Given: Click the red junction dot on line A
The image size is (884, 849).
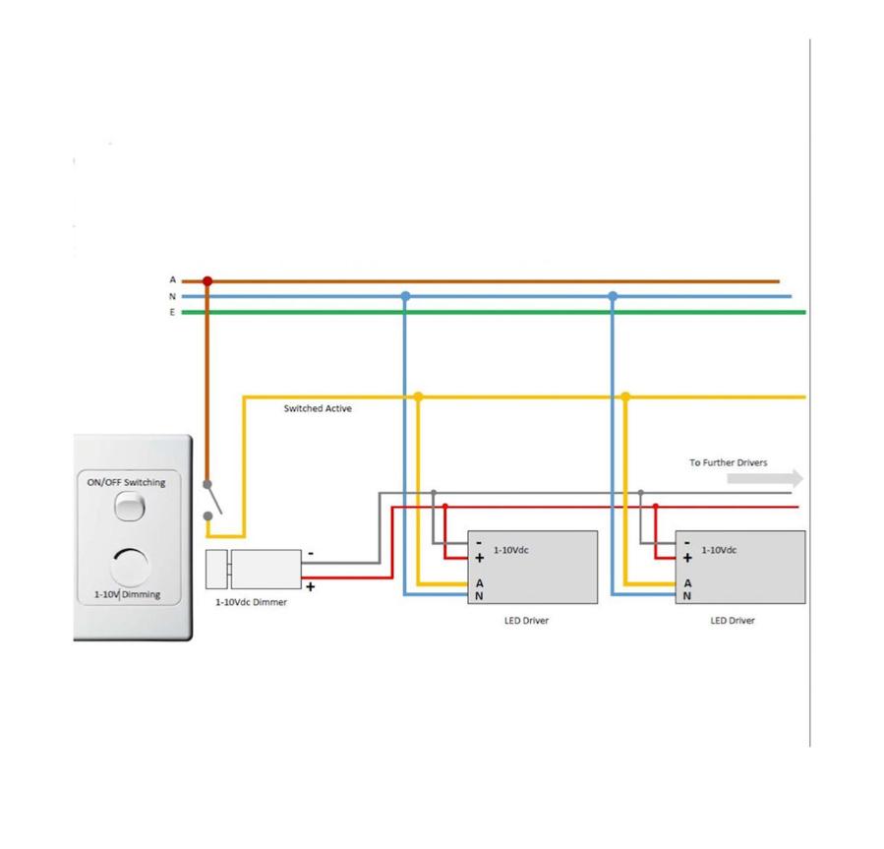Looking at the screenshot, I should [206, 281].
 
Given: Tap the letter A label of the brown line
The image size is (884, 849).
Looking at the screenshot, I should [172, 281].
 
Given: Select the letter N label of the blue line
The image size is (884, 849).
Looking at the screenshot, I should [172, 296].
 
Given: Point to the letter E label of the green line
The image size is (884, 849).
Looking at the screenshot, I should [172, 312].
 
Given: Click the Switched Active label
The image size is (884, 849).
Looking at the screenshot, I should [318, 408].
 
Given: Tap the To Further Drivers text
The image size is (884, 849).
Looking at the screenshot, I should [729, 462].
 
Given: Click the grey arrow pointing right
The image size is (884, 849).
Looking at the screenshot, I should [765, 479].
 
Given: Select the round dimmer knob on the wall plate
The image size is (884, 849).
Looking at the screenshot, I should [129, 568].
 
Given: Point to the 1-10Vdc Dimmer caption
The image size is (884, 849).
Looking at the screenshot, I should [252, 602].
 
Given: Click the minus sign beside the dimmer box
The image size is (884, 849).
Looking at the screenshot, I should [311, 553].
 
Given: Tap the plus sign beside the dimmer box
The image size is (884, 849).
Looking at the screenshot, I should [311, 586].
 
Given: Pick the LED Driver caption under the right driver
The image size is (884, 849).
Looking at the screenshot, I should [733, 621].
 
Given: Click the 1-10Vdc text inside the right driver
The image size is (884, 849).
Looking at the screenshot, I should [719, 550].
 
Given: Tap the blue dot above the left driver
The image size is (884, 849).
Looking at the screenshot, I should [405, 296].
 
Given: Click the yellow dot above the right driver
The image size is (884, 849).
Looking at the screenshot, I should [625, 396].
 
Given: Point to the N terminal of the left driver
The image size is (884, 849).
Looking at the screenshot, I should [479, 595].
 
